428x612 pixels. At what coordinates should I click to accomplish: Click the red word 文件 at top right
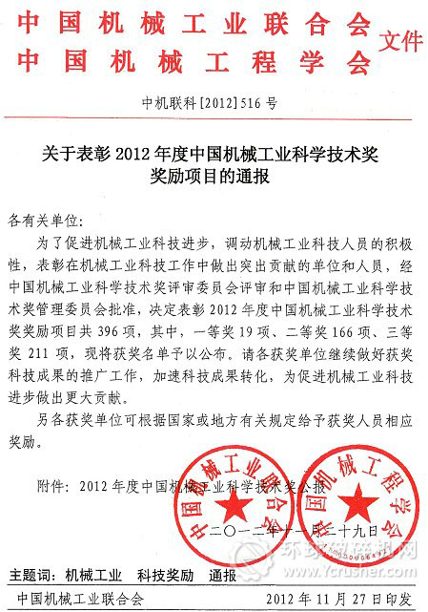(x=399, y=41)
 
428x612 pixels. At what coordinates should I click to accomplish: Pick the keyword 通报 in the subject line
(x=223, y=576)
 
